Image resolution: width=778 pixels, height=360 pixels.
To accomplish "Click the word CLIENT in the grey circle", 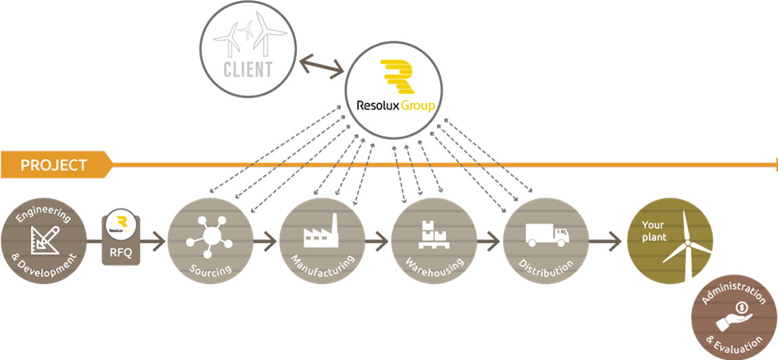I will pyautogui.click(x=247, y=68).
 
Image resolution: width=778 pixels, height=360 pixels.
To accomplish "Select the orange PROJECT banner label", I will pyautogui.click(x=54, y=165).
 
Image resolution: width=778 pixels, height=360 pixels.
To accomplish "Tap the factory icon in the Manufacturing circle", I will pyautogui.click(x=321, y=231).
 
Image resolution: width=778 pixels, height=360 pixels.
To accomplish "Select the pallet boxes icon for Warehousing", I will pyautogui.click(x=434, y=233).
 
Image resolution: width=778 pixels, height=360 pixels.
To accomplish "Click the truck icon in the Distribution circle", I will pyautogui.click(x=546, y=235).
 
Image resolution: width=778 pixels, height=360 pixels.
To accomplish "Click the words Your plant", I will pyautogui.click(x=654, y=231).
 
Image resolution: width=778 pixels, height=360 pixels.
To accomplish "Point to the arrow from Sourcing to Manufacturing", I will pyautogui.click(x=266, y=240).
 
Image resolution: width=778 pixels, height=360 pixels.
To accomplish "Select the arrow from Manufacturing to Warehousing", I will pyautogui.click(x=378, y=240).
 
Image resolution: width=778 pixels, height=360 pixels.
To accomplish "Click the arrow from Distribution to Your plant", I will pyautogui.click(x=605, y=240).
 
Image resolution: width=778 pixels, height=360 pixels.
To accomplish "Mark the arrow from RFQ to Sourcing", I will pyautogui.click(x=154, y=240).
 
